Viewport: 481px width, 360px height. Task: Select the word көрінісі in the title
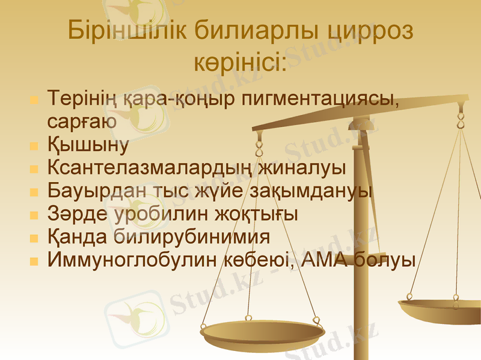240,61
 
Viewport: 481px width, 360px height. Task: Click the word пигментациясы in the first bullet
320,97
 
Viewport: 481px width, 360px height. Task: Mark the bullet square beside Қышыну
34,145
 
